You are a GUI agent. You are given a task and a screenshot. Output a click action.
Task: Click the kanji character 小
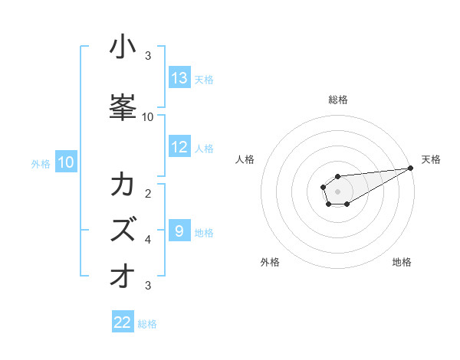123,48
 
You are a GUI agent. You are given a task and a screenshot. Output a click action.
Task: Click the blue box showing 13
179,78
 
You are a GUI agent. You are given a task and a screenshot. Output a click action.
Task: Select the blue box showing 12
179,148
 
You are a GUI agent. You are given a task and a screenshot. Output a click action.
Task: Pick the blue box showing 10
66,162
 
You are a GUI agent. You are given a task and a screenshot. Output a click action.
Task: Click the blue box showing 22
123,322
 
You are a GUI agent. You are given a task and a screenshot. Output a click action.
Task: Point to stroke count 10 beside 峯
148,117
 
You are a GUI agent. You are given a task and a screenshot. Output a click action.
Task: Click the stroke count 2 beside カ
148,194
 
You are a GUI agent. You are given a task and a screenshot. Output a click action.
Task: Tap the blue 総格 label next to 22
147,324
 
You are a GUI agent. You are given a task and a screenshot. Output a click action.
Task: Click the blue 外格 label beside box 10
41,163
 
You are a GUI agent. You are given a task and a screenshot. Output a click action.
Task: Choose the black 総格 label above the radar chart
337,100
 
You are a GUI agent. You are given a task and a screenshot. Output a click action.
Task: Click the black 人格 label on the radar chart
245,159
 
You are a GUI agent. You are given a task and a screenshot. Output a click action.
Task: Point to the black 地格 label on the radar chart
402,263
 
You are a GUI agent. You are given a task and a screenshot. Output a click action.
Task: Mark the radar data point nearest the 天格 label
412,168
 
